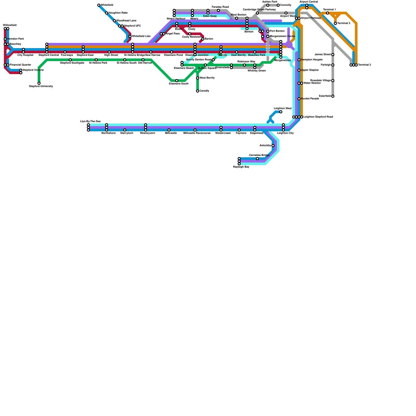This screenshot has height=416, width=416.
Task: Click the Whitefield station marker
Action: click(99, 5)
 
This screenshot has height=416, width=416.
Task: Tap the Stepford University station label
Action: click(41, 86)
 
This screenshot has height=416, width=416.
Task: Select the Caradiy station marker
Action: click(198, 91)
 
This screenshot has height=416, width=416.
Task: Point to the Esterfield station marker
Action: click(333, 96)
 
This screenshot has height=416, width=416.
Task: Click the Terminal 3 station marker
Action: click(335, 23)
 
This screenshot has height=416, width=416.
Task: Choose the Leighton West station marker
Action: click(281, 112)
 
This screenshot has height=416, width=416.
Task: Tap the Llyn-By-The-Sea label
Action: click(90, 121)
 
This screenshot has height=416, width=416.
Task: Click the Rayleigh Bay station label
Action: click(241, 167)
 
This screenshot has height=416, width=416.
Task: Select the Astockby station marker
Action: click(273, 146)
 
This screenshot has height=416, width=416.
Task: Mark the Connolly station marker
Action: click(278, 5)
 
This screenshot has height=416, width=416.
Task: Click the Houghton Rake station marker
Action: click(107, 13)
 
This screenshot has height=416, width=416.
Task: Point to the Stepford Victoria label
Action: click(33, 70)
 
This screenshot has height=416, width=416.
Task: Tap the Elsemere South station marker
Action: click(177, 81)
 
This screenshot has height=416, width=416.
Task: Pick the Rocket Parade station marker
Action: click(299, 99)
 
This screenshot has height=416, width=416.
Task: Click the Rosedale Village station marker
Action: click(333, 81)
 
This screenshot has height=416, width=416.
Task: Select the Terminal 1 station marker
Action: click(328, 13)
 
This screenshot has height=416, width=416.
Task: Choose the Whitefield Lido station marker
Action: click(130, 36)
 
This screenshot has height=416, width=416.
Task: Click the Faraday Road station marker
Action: click(218, 10)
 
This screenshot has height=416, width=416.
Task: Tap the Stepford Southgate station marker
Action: click(70, 60)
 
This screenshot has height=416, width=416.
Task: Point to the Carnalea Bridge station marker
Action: click(257, 159)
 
